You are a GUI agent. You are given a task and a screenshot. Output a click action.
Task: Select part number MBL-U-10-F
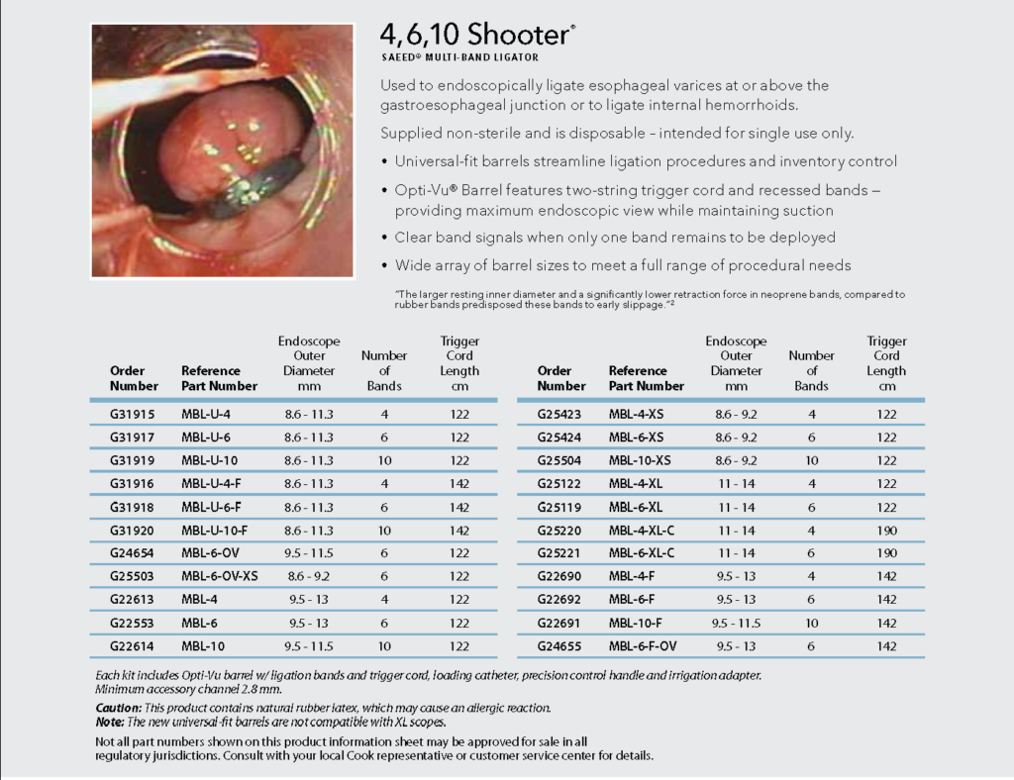(215, 530)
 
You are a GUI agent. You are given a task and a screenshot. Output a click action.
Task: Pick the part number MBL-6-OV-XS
(219, 576)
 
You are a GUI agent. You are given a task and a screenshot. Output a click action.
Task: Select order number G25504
(558, 460)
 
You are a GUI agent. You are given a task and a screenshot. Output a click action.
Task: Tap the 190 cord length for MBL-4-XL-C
(886, 530)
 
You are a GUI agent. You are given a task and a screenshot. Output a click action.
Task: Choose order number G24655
(558, 645)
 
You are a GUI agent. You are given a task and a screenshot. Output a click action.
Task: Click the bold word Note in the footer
(109, 722)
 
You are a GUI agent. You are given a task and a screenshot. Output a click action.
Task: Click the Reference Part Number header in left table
(219, 378)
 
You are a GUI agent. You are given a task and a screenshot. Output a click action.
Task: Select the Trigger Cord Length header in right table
(886, 363)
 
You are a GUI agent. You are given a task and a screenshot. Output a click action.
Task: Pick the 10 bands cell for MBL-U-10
(383, 460)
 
